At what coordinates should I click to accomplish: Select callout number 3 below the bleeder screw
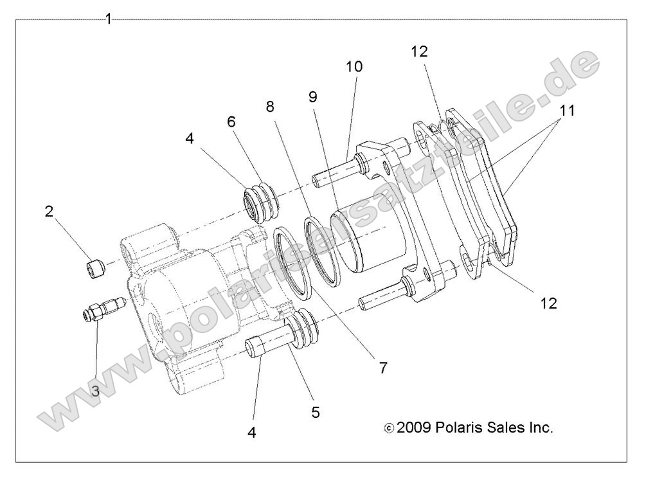point(94,390)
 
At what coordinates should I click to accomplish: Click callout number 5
point(316,411)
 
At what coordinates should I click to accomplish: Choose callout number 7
point(383,368)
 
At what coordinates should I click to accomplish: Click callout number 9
point(313,98)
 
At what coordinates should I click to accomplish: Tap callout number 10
point(354,66)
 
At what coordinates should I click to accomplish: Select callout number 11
point(566,111)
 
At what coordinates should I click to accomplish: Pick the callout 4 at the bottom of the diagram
point(251,433)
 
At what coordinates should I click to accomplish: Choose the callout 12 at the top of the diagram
point(418,51)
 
